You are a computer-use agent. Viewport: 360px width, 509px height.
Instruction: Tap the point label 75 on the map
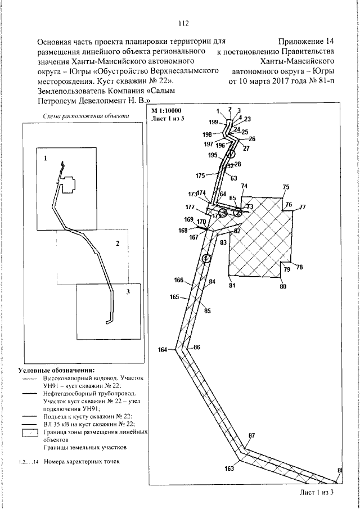point(285,187)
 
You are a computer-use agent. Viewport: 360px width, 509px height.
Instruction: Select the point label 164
point(163,350)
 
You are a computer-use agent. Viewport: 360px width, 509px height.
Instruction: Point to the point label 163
point(229,468)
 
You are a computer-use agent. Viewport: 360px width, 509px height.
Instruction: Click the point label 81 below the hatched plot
point(231,286)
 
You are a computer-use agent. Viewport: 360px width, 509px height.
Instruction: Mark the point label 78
point(299,267)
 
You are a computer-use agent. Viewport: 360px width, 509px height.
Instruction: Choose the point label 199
point(213,121)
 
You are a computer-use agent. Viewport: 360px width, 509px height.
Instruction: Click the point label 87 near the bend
point(251,436)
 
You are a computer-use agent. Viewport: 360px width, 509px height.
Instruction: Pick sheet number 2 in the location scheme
point(118,244)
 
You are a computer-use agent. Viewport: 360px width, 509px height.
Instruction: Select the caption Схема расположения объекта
point(86,116)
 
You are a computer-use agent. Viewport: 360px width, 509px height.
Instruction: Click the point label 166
point(179,280)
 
